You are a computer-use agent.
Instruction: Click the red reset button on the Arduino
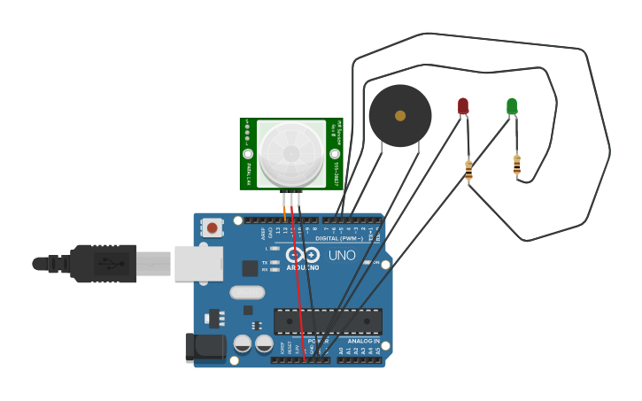pos(212,227)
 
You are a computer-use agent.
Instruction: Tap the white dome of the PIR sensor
pos(291,153)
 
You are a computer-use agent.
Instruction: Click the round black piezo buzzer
pos(400,116)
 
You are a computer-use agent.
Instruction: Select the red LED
pos(463,106)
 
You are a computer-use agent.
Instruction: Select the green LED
pos(512,106)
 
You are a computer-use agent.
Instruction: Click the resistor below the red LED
pos(468,169)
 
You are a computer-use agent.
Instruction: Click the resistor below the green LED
pos(517,164)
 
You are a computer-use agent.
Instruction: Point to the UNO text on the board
pos(342,256)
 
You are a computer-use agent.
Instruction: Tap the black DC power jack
pos(205,347)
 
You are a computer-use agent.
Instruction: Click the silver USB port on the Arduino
pos(198,264)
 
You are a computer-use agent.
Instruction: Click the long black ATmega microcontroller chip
pos(328,321)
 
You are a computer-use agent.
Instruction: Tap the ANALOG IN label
pos(363,341)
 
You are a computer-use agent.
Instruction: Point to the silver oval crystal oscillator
pos(247,292)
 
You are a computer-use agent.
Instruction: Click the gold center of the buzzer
pos(400,116)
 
